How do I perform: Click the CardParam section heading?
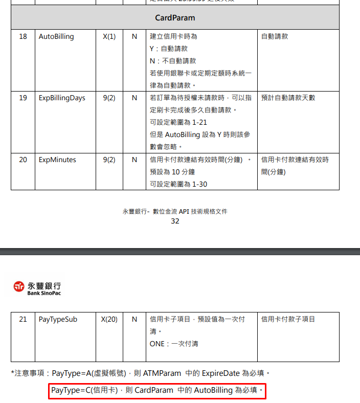click(x=175, y=17)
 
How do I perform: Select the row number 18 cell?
click(x=23, y=37)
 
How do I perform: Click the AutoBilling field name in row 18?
click(x=56, y=37)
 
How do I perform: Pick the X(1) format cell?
click(x=109, y=37)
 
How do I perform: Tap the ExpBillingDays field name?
click(x=62, y=98)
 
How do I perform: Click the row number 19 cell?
click(x=23, y=98)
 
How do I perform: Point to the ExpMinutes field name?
click(x=57, y=160)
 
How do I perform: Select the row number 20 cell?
click(x=23, y=160)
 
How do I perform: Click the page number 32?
click(x=175, y=221)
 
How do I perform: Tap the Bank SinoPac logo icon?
click(x=19, y=288)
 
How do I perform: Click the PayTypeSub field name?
click(x=58, y=319)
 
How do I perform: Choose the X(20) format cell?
click(x=109, y=319)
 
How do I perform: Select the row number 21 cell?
click(x=23, y=319)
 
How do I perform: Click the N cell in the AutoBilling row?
click(x=134, y=37)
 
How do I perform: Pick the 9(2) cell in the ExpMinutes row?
click(x=109, y=160)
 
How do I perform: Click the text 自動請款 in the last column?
click(x=275, y=37)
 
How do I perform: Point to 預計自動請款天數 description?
click(x=288, y=98)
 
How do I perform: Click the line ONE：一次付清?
click(x=174, y=344)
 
